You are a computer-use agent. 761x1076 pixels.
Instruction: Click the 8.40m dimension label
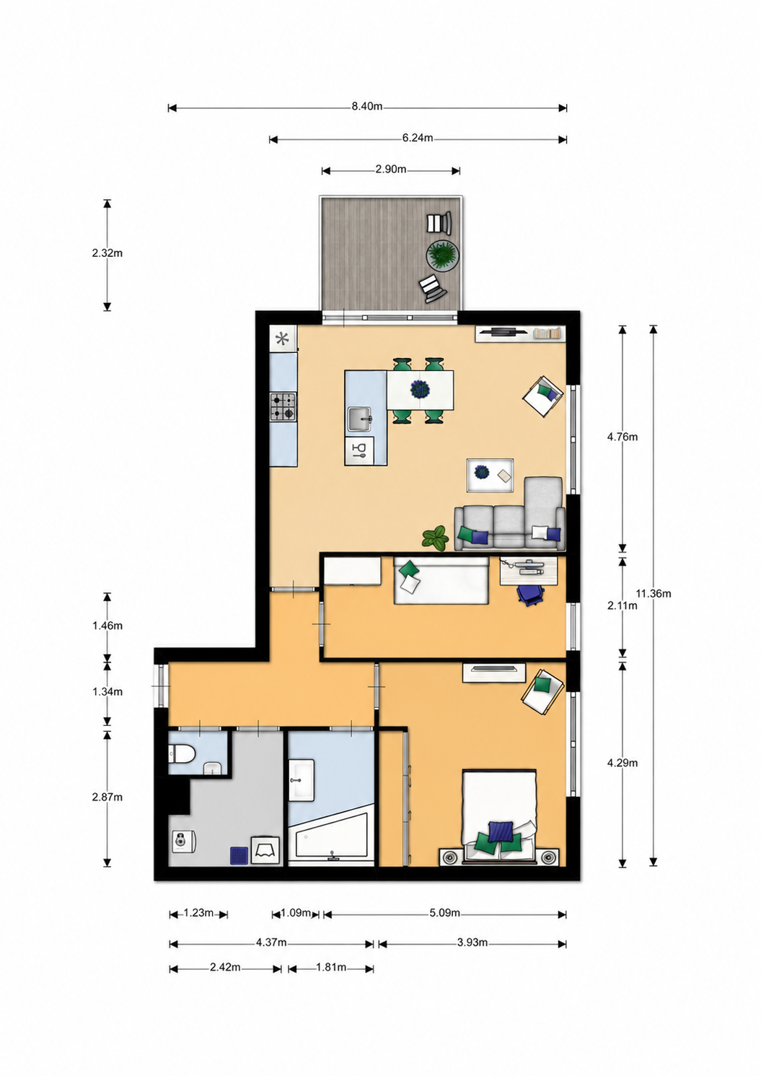pos(367,107)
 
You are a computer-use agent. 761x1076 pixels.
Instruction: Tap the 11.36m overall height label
pos(654,594)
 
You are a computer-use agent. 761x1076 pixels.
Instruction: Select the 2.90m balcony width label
pos(391,170)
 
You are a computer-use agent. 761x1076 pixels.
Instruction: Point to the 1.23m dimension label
pos(198,913)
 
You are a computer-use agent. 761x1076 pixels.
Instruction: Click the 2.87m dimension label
pos(107,797)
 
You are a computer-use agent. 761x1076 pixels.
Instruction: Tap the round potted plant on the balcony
pos(443,256)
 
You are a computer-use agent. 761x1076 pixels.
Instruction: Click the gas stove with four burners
pos(283,407)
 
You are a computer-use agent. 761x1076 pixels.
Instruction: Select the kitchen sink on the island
pos(360,419)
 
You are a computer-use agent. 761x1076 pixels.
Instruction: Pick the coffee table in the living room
pos(490,476)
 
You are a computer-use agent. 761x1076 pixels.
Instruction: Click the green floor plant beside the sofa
pos(435,537)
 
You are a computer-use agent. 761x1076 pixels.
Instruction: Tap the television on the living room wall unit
pos(503,331)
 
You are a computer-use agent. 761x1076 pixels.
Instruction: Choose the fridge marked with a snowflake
pos(283,339)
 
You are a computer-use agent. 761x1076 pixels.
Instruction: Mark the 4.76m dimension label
pos(623,437)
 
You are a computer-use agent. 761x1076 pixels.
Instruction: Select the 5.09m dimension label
pos(444,913)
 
